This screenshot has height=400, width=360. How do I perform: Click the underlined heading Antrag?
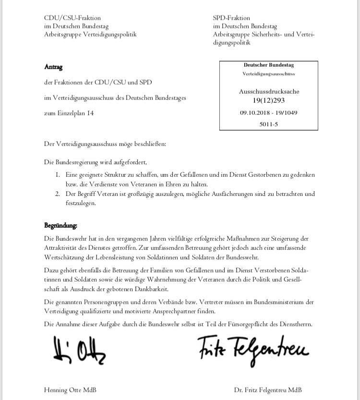pos(53,67)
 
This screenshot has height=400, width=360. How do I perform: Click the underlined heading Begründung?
pos(60,225)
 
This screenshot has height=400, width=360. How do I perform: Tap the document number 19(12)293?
pos(268,100)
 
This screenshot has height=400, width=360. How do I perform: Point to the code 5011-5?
pos(268,124)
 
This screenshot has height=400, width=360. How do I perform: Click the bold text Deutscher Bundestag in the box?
pos(268,65)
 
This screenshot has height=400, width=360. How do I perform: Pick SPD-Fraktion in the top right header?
pos(234,18)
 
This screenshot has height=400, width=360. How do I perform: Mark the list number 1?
pos(57,175)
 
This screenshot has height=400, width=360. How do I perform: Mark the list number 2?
pos(57,194)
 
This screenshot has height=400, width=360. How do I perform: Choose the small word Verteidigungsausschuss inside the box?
pos(268,74)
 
